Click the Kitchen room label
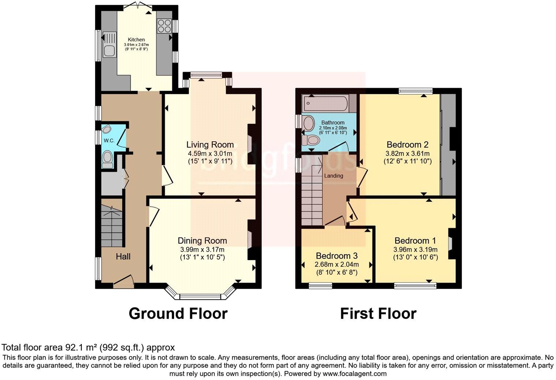136,39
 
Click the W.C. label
109,141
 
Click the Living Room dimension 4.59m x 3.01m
210,153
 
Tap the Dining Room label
202,241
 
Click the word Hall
123,256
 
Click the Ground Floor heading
178,313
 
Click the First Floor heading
378,313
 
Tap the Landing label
334,176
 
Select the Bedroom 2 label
407,144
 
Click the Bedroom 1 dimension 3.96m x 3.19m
415,250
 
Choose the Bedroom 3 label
337,256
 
